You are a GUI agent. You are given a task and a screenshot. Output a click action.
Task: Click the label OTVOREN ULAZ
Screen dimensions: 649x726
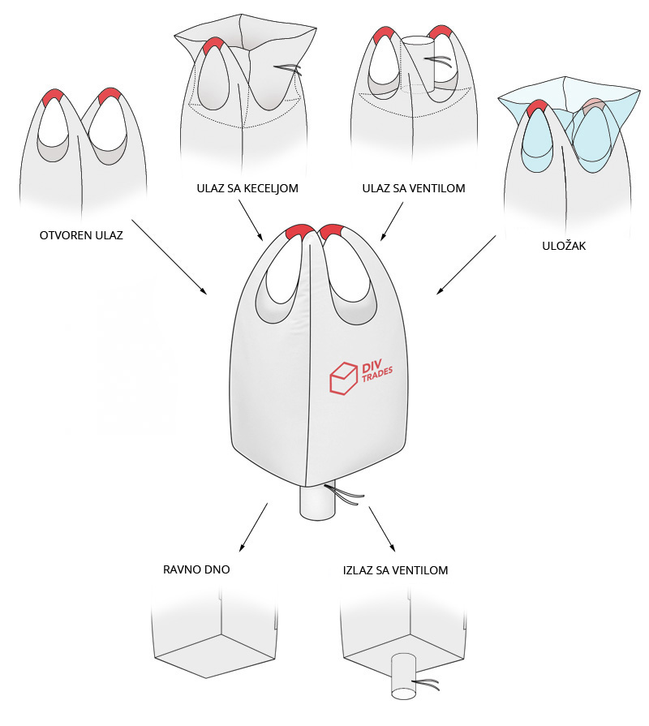[81, 235]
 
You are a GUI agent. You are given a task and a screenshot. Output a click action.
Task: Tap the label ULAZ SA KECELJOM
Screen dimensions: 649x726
[247, 188]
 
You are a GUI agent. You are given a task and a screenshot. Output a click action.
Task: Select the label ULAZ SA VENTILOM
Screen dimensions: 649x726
[414, 188]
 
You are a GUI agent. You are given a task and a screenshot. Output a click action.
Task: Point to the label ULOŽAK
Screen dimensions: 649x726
[564, 246]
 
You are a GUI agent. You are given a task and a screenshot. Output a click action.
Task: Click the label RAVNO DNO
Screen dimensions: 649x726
[196, 569]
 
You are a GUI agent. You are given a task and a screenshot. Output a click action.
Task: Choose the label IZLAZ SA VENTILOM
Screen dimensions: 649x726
[395, 570]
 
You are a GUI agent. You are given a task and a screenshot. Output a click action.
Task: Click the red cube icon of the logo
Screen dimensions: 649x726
[343, 378]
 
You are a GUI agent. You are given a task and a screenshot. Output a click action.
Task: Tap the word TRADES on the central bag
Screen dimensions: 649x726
[377, 375]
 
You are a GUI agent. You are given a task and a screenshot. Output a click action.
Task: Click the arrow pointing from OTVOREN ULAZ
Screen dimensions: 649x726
[169, 256]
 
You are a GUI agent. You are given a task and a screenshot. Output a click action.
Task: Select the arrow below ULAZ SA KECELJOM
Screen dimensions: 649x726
[251, 221]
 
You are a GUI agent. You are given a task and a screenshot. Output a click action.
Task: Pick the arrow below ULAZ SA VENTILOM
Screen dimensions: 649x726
[392, 221]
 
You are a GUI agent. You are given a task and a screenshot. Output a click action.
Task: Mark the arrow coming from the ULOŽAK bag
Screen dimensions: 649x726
[466, 264]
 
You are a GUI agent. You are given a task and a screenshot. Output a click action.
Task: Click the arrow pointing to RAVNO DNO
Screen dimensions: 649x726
[253, 527]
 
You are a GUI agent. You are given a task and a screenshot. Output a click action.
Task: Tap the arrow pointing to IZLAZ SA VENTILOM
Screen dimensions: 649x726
[382, 529]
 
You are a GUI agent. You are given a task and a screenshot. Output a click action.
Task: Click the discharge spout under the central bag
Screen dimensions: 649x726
[317, 502]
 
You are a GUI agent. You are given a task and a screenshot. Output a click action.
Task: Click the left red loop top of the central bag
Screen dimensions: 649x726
[300, 232]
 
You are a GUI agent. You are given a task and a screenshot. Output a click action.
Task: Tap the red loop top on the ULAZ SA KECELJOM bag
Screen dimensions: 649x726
[213, 46]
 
